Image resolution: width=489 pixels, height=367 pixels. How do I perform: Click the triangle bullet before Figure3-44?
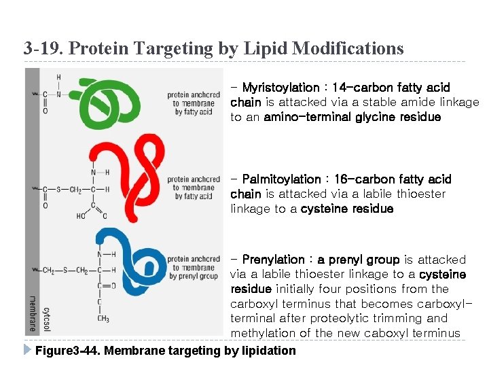(27, 350)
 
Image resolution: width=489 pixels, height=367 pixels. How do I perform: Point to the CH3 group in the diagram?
(103, 319)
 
